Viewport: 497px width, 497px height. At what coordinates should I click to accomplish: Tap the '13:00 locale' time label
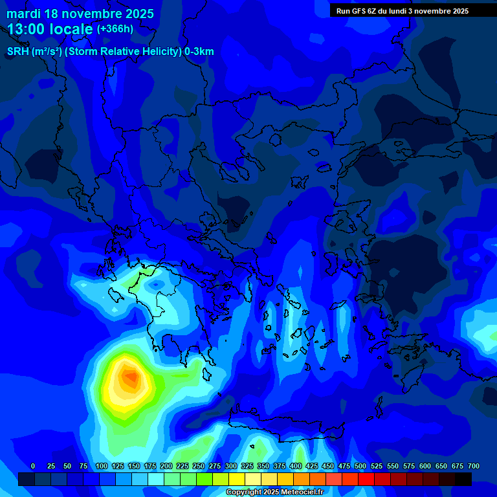pos(50,30)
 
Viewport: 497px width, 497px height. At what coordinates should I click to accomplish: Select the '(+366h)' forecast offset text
pos(115,29)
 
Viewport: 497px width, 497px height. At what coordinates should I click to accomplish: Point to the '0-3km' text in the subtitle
pos(199,52)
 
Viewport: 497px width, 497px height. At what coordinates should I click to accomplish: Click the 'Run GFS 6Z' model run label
pos(359,11)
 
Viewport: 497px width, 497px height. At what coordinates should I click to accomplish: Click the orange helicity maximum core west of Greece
pos(131,377)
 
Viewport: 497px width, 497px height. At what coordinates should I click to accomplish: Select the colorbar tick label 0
pos(33,466)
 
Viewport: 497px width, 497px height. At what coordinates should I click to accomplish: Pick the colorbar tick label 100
pos(101,466)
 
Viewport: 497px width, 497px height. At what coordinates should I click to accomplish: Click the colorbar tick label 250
pos(198,466)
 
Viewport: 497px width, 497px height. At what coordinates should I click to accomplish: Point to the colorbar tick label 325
pos(247,466)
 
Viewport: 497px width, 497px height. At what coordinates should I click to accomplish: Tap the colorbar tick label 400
pos(296,466)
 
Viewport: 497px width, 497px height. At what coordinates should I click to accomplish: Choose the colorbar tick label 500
pos(360,466)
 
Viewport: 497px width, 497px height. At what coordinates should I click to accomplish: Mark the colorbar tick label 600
pos(425,466)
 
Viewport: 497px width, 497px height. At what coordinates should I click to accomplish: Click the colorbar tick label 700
pos(473,466)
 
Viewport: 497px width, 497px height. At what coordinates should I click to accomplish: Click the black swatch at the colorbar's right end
pos(463,479)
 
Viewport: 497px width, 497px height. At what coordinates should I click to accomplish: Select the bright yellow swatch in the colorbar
pos(237,479)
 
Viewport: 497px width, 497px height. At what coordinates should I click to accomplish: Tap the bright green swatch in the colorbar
pos(204,479)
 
